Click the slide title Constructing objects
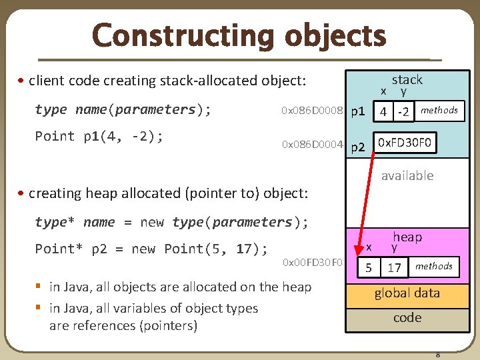239,35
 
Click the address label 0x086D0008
312,111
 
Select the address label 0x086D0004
312,144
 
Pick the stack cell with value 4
383,111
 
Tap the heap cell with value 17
394,268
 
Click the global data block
407,293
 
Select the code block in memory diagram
407,318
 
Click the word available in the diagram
407,175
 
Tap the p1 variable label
357,111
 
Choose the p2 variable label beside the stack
358,146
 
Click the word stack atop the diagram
407,79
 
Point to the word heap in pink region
407,237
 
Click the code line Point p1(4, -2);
99,136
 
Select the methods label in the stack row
439,111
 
